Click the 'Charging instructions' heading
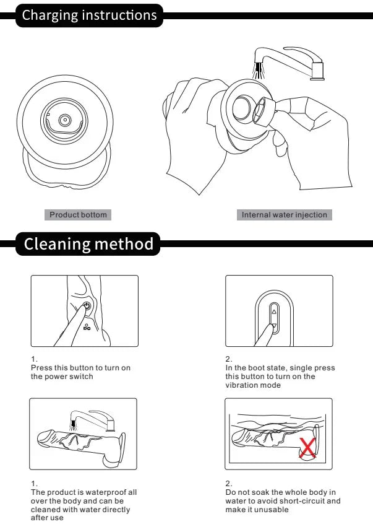tap(90, 15)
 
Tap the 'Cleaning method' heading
tap(88, 244)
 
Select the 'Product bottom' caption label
tap(78, 215)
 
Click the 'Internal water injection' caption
tap(285, 215)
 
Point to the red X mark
tap(307, 448)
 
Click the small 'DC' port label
tap(87, 327)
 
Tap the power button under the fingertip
tap(87, 306)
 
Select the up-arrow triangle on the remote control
tap(274, 312)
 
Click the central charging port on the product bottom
tap(64, 120)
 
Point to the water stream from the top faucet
tap(259, 71)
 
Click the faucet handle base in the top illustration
tap(317, 71)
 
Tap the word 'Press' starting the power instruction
tap(41, 368)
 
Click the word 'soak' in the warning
tap(261, 492)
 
